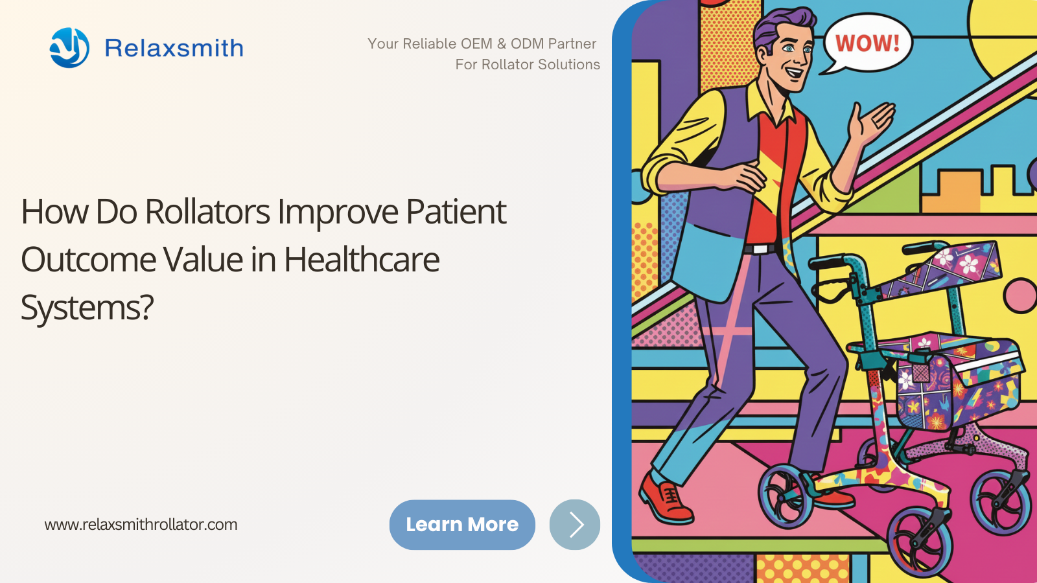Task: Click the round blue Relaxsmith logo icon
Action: (69, 48)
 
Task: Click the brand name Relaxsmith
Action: (174, 48)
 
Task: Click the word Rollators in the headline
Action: (207, 212)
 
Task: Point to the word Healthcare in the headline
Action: (362, 260)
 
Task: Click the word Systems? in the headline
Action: (87, 308)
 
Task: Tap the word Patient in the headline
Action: (456, 212)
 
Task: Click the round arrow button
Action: (574, 525)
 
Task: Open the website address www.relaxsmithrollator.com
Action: (141, 525)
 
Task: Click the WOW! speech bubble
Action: (866, 44)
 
